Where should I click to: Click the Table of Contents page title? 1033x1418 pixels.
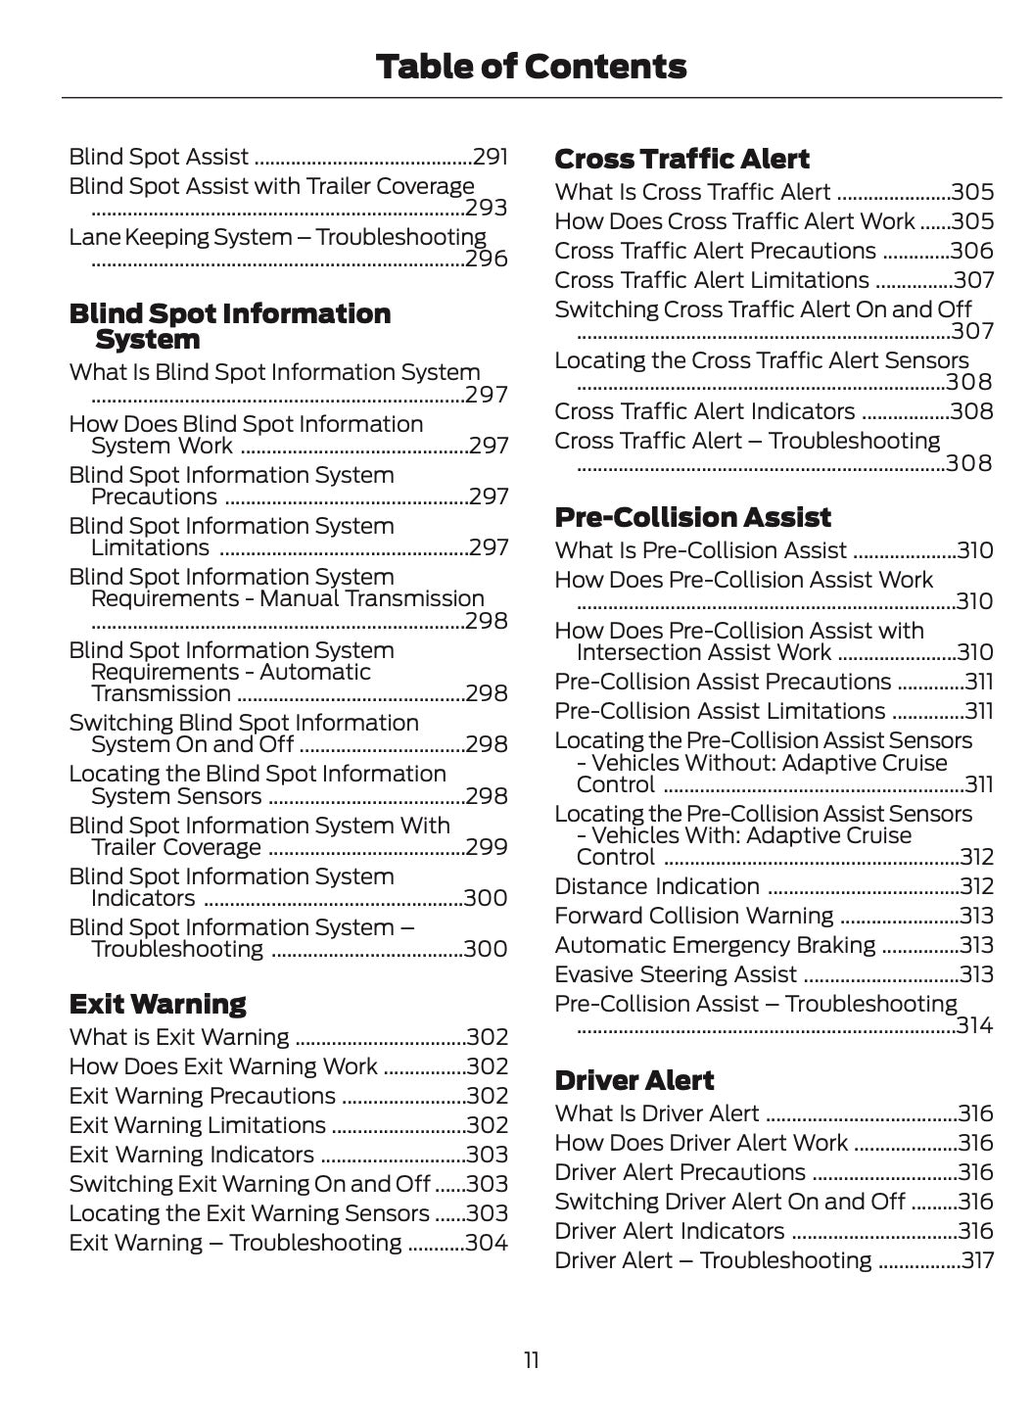pos(531,67)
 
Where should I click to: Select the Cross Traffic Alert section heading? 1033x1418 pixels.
pos(681,159)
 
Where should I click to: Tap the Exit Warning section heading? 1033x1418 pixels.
pos(158,1004)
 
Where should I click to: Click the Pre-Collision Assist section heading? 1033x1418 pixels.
pos(692,517)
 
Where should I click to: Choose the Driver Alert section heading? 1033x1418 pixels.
pos(634,1080)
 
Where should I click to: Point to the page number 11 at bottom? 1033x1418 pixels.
pos(531,1360)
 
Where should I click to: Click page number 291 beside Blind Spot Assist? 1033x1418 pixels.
pos(490,157)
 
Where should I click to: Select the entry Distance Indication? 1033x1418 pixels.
pos(657,886)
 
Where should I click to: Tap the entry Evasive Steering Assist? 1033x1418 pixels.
pos(676,974)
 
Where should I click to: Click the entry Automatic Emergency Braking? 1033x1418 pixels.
pos(715,945)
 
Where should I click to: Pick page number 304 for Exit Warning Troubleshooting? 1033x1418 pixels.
pos(487,1243)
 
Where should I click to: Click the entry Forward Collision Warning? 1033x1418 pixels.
pos(694,916)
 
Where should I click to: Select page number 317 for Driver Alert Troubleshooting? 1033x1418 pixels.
pos(976,1260)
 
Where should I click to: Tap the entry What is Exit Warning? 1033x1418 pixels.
pos(179,1037)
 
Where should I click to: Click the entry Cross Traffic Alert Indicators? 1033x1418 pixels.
pos(704,411)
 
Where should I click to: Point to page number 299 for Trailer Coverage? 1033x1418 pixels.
pos(487,847)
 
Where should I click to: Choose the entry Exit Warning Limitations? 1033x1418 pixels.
pos(197,1125)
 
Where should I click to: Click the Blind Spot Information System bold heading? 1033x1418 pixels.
pos(229,326)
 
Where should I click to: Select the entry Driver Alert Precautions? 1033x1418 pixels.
pos(680,1172)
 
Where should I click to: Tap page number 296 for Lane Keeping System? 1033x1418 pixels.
pos(487,259)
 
